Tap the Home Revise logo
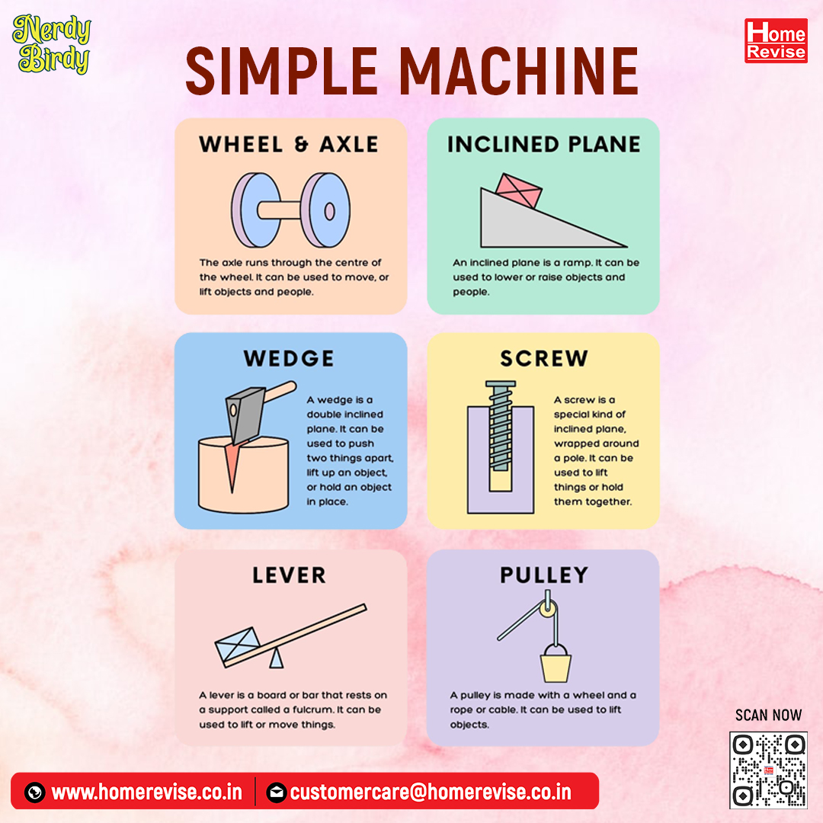click(776, 40)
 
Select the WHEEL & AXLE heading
click(289, 144)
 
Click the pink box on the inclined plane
click(519, 191)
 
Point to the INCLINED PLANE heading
click(544, 144)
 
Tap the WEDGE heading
click(289, 358)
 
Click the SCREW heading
click(544, 358)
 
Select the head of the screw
click(500, 384)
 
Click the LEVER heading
click(289, 575)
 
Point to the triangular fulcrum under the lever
click(276, 658)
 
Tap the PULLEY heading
click(544, 575)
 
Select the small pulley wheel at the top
click(548, 609)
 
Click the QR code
click(768, 770)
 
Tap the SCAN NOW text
click(768, 715)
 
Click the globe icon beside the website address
click(34, 792)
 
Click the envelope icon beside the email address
click(276, 792)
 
